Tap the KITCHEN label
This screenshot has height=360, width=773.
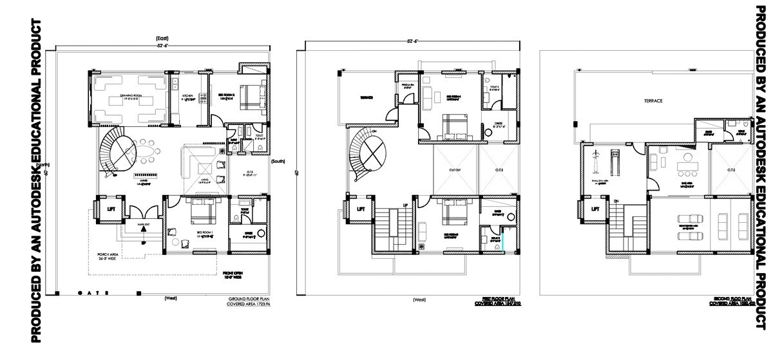[x=188, y=95]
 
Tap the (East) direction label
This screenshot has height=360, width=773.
[x=162, y=39]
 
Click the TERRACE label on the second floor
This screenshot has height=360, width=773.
[x=653, y=101]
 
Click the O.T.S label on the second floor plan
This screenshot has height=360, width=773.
[x=730, y=171]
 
